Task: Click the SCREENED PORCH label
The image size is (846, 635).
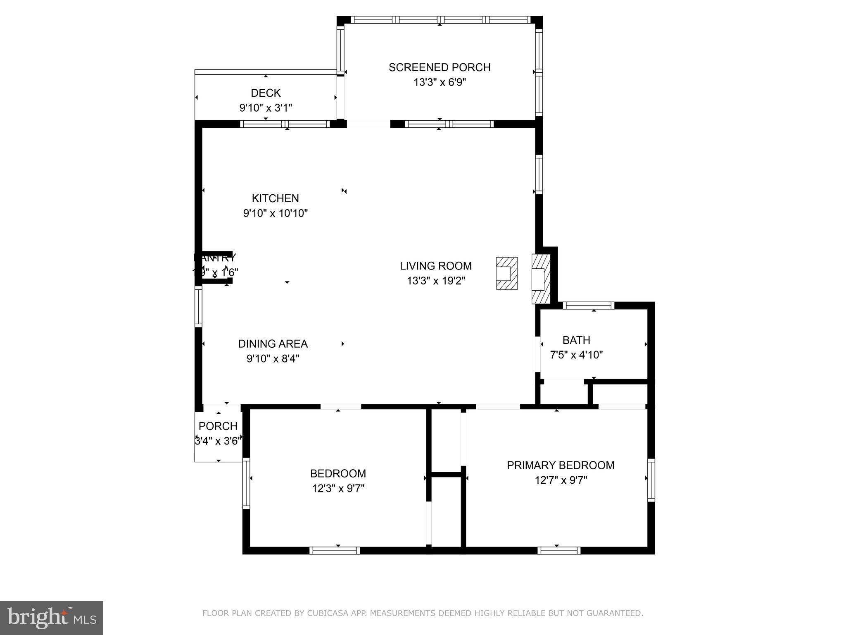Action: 439,67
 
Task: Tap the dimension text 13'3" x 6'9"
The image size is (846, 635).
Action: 440,83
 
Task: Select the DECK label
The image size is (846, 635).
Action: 266,93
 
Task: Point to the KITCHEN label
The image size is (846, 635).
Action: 275,198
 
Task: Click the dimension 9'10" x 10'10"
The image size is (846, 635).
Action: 275,213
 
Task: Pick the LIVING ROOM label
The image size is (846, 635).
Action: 435,266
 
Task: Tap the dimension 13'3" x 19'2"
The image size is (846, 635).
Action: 435,281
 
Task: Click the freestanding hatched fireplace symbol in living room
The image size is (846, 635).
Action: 506,273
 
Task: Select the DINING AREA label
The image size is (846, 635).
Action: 273,344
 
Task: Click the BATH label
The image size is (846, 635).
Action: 576,340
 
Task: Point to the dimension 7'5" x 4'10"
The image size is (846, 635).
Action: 576,355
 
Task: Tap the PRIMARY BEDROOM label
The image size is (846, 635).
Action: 560,466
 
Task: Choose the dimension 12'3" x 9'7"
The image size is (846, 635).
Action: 338,489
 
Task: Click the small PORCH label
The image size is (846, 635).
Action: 218,426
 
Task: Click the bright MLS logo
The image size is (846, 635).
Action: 51,618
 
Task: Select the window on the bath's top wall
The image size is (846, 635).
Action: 588,306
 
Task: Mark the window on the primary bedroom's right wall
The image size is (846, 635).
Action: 651,480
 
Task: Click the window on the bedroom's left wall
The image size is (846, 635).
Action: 246,483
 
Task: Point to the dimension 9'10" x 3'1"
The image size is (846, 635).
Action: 266,108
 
